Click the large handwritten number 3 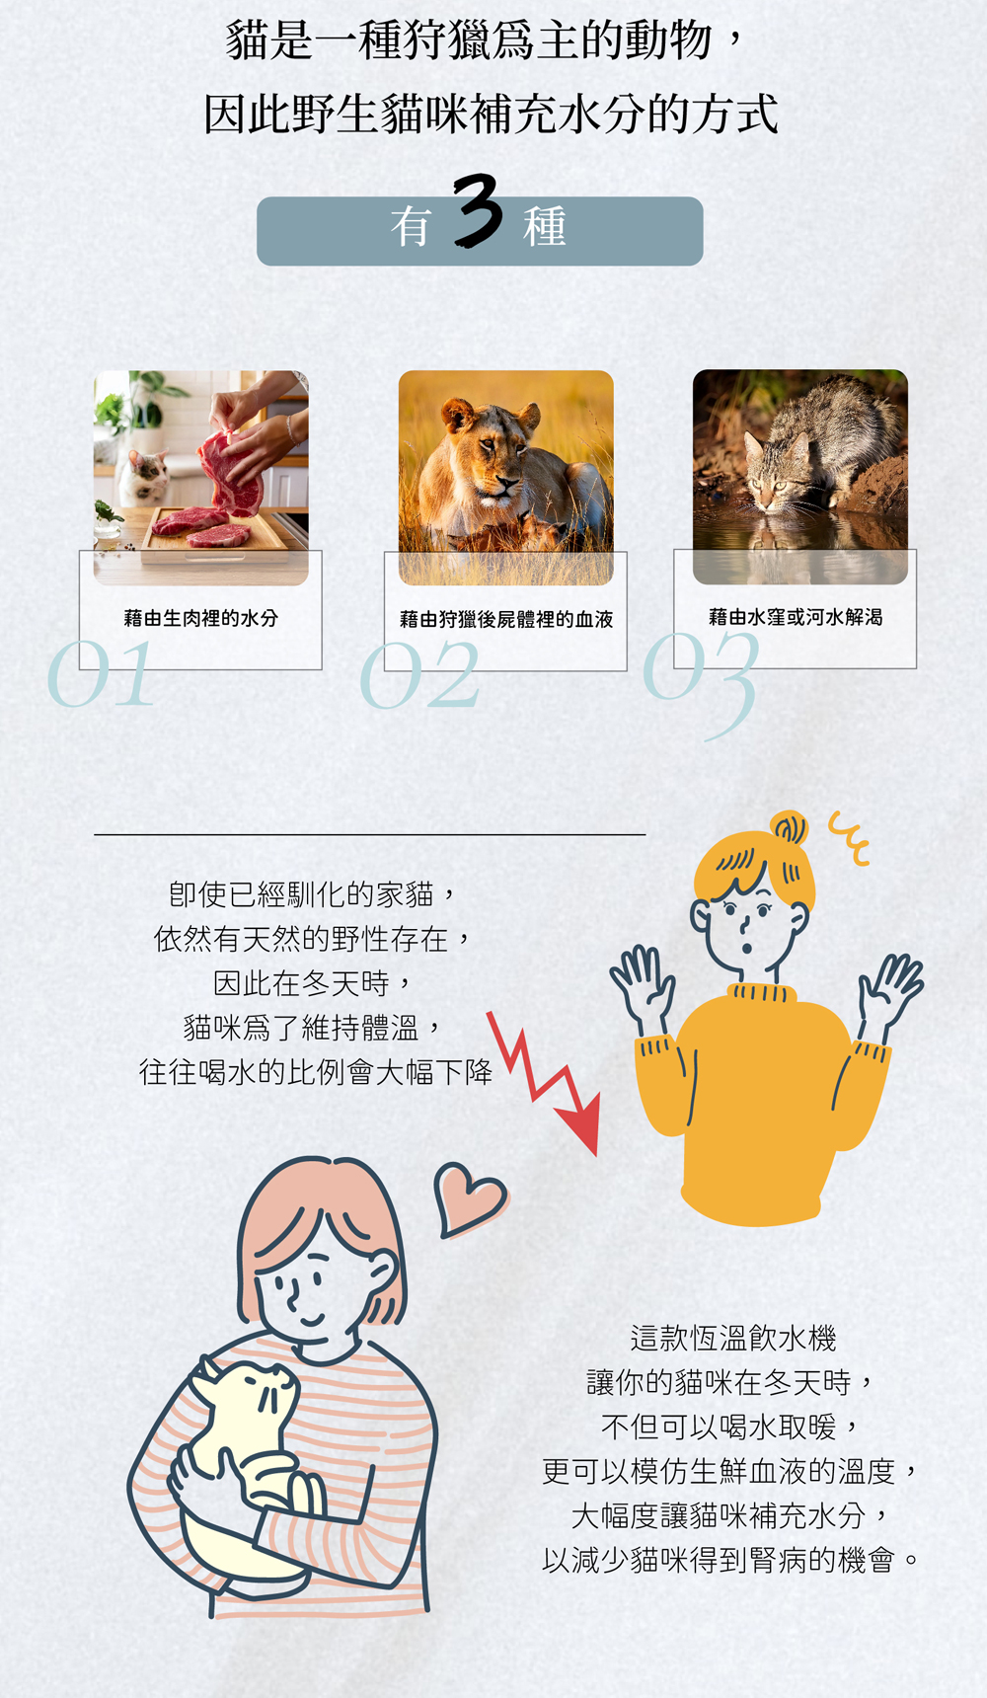(x=479, y=210)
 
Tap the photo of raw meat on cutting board (x=201, y=478)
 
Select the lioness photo (x=505, y=478)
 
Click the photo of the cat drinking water (x=800, y=477)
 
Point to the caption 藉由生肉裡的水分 (x=201, y=618)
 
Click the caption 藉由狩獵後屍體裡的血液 (x=506, y=619)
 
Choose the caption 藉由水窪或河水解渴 (x=796, y=617)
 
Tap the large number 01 (x=101, y=674)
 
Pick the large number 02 (x=419, y=675)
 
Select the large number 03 (x=702, y=681)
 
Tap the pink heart (x=470, y=1198)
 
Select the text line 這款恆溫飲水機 (x=733, y=1339)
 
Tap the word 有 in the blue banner (x=411, y=227)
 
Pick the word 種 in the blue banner (x=544, y=227)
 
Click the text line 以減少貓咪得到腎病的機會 (x=730, y=1561)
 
